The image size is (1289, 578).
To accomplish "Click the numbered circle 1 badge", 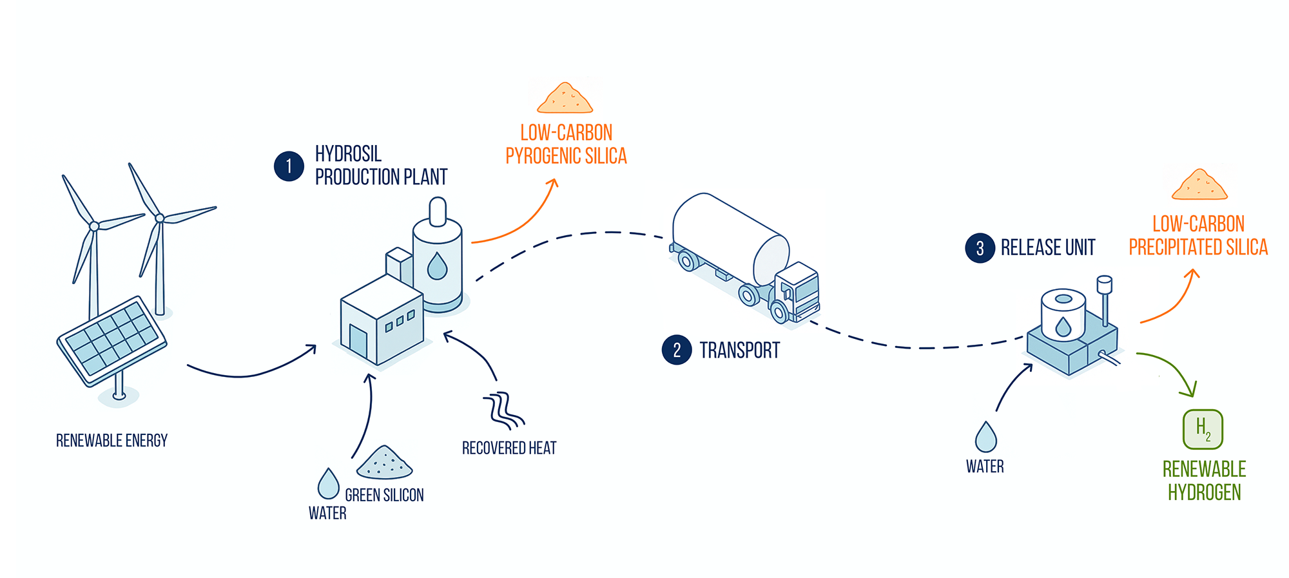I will click(289, 166).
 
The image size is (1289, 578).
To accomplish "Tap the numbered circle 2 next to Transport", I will click(677, 350).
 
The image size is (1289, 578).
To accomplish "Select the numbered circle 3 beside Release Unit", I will click(980, 248).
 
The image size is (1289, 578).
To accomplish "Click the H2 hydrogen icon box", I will click(1203, 429).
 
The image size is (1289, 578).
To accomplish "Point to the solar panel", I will click(112, 341).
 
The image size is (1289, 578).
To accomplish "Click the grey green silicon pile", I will click(385, 463).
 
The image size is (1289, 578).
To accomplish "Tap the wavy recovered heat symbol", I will click(503, 410).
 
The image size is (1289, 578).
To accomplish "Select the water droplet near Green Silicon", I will click(329, 484).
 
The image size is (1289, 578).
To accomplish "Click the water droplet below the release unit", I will click(985, 438).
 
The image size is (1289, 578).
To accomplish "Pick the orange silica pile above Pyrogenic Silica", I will click(565, 99).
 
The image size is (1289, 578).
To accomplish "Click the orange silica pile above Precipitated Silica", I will click(1199, 185).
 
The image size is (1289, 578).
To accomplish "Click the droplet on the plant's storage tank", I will click(438, 265).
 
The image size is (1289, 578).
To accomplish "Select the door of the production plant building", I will click(358, 342).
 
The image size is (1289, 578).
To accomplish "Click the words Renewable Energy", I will click(111, 441).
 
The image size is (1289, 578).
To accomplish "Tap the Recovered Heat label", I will click(509, 448).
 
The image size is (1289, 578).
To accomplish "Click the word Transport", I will click(739, 351).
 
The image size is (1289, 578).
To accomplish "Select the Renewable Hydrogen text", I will click(1204, 481).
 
